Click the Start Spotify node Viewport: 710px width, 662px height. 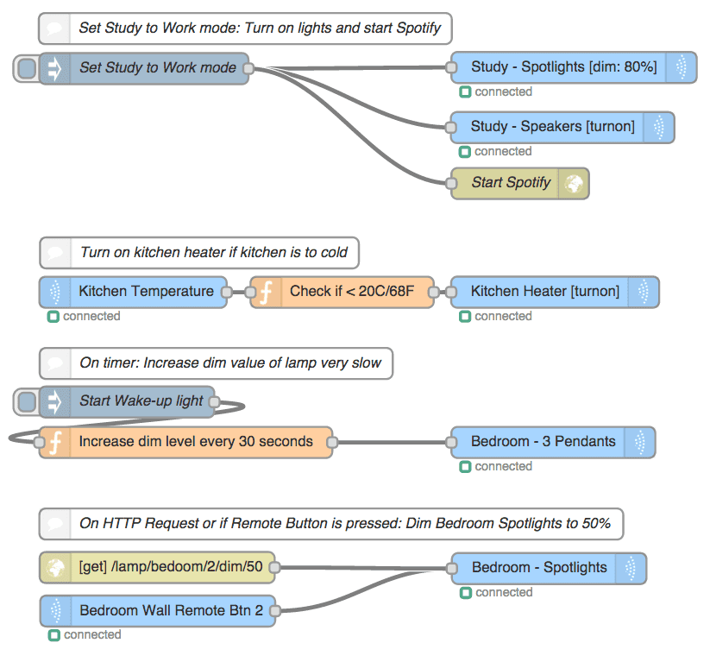tap(511, 183)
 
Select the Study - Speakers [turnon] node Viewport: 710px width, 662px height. tap(552, 127)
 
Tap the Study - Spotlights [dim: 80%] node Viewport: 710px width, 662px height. tap(563, 67)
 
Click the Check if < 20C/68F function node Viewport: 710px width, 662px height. tap(350, 292)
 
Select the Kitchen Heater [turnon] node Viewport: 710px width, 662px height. tap(544, 292)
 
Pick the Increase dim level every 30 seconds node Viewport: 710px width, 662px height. tap(195, 442)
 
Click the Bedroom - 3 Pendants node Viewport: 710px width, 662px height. tap(543, 442)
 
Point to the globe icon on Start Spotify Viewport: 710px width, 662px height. tap(573, 183)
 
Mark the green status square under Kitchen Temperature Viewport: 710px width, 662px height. tap(53, 317)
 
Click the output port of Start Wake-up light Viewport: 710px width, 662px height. tap(215, 401)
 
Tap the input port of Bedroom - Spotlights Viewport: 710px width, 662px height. tap(451, 568)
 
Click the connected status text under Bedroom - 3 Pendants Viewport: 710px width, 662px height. tap(503, 467)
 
